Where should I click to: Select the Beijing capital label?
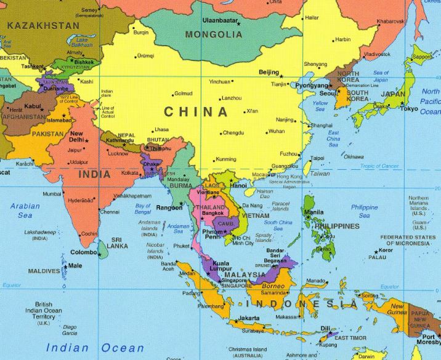coord(269,72)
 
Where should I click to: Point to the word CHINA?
coord(195,112)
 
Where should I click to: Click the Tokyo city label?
coord(409,109)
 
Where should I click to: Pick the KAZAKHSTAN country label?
coord(42,26)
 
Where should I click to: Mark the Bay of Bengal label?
coord(143,209)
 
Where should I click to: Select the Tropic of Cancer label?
coord(380,166)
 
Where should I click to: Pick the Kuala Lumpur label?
coord(220,267)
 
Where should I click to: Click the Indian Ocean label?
coord(95,348)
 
